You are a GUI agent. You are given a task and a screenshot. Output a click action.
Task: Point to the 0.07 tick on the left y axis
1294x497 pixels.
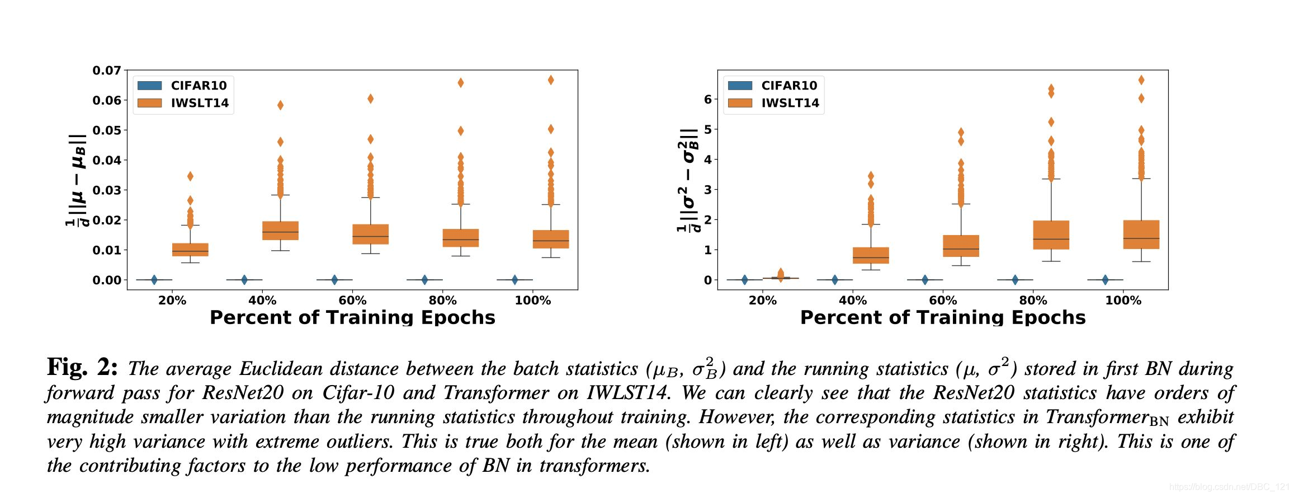pyautogui.click(x=107, y=71)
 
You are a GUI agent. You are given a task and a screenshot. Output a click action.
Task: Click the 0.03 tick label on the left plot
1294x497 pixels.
pyautogui.click(x=107, y=190)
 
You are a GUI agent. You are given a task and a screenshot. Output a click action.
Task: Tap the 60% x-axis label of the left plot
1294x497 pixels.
pyautogui.click(x=352, y=301)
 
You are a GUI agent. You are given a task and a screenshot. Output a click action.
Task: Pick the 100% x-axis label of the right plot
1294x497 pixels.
pyautogui.click(x=1123, y=301)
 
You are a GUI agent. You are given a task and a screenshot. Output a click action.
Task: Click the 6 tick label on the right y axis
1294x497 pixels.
pyautogui.click(x=708, y=99)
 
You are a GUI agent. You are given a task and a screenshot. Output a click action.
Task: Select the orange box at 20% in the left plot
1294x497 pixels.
pyautogui.click(x=190, y=250)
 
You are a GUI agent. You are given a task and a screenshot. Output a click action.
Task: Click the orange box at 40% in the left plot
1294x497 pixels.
pyautogui.click(x=280, y=231)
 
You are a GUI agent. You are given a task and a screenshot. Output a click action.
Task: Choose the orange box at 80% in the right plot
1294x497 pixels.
pyautogui.click(x=1051, y=235)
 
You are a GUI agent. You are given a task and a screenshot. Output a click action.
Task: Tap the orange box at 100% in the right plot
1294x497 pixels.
pyautogui.click(x=1141, y=235)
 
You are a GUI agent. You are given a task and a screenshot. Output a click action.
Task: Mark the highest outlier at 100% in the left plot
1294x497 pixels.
pyautogui.click(x=551, y=80)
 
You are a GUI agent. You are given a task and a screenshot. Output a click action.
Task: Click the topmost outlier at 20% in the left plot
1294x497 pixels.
pyautogui.click(x=190, y=176)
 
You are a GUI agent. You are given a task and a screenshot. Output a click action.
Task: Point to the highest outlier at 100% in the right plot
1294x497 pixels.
pyautogui.click(x=1141, y=80)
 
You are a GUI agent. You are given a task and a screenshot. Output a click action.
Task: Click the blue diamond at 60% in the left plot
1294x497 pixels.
pyautogui.click(x=334, y=280)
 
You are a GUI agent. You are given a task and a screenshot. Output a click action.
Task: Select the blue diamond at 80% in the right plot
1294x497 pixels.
pyautogui.click(x=1015, y=280)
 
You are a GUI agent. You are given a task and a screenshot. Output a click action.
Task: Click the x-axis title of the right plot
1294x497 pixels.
pyautogui.click(x=943, y=317)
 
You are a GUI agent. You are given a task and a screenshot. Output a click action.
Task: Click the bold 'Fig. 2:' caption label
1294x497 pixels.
pyautogui.click(x=82, y=368)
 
